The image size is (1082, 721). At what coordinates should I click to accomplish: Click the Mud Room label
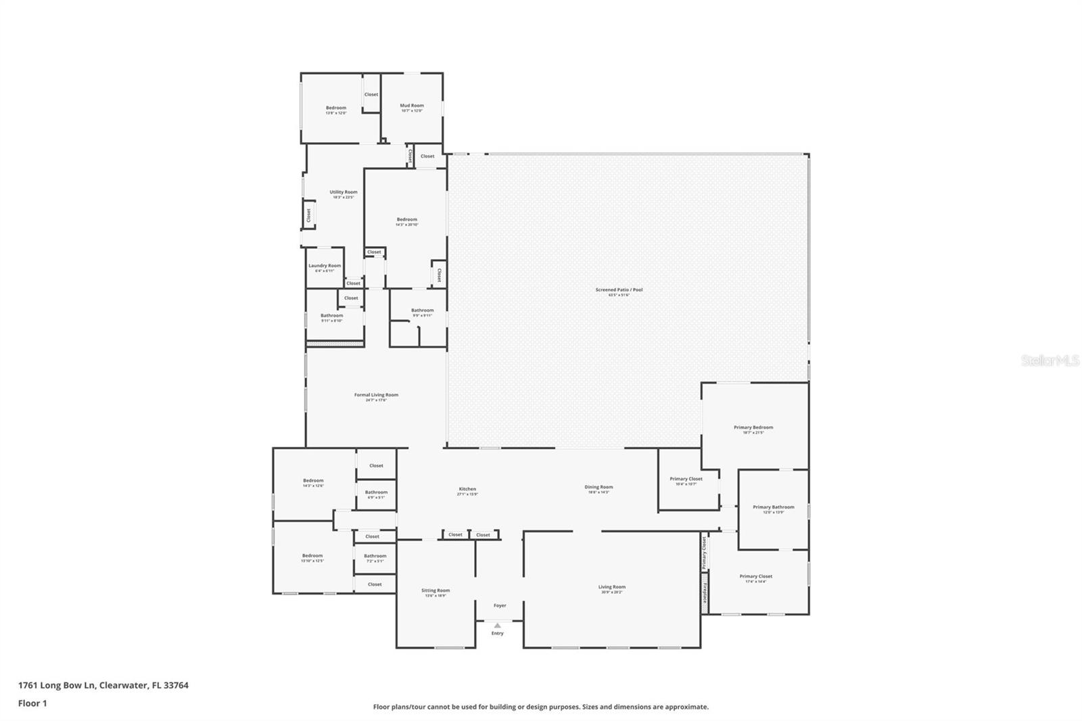411,106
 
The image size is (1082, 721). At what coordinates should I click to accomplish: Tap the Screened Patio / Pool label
619,290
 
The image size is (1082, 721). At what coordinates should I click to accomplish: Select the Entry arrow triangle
498,626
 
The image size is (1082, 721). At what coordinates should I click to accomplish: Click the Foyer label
500,605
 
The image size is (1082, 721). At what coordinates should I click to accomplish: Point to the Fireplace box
705,593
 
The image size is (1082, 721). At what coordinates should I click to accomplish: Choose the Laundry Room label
325,266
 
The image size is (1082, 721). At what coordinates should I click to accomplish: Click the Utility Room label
344,192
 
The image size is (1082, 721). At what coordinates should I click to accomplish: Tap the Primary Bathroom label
773,507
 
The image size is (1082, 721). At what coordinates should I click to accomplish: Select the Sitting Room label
436,590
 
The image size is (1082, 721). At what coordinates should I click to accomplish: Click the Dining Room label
598,487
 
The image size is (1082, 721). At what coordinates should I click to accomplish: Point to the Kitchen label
467,489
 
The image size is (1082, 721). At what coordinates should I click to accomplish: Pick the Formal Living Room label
376,395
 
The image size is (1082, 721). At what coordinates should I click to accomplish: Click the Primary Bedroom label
753,427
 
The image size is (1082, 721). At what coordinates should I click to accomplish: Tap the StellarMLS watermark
1050,361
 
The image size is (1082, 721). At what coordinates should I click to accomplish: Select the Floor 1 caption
32,703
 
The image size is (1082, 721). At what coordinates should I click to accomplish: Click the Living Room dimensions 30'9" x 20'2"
612,592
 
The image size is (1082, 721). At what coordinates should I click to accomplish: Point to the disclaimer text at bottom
541,707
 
